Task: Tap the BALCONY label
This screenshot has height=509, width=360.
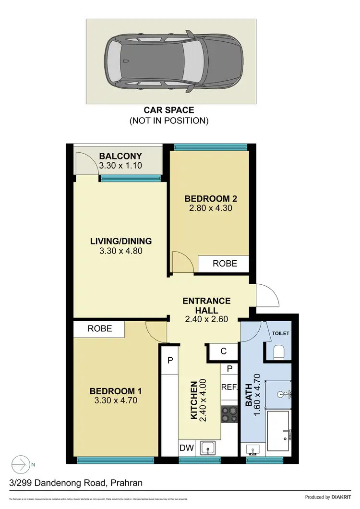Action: pyautogui.click(x=120, y=156)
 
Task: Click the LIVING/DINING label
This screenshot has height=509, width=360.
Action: pyautogui.click(x=120, y=241)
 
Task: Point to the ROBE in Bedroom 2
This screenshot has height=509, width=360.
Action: pyautogui.click(x=224, y=264)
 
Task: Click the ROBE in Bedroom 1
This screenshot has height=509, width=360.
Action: pyautogui.click(x=99, y=329)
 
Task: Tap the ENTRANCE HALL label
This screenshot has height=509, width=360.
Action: pyautogui.click(x=206, y=305)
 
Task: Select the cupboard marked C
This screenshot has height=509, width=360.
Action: pyautogui.click(x=223, y=351)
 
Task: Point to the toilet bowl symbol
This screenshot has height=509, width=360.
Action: pyautogui.click(x=279, y=353)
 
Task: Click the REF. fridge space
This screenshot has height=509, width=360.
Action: pyautogui.click(x=229, y=387)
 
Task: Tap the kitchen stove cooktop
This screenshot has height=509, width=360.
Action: pyautogui.click(x=229, y=413)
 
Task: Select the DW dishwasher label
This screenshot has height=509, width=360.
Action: pyautogui.click(x=187, y=448)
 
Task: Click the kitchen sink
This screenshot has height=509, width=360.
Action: pyautogui.click(x=209, y=448)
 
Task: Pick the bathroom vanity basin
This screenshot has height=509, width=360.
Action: pyautogui.click(x=253, y=449)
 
